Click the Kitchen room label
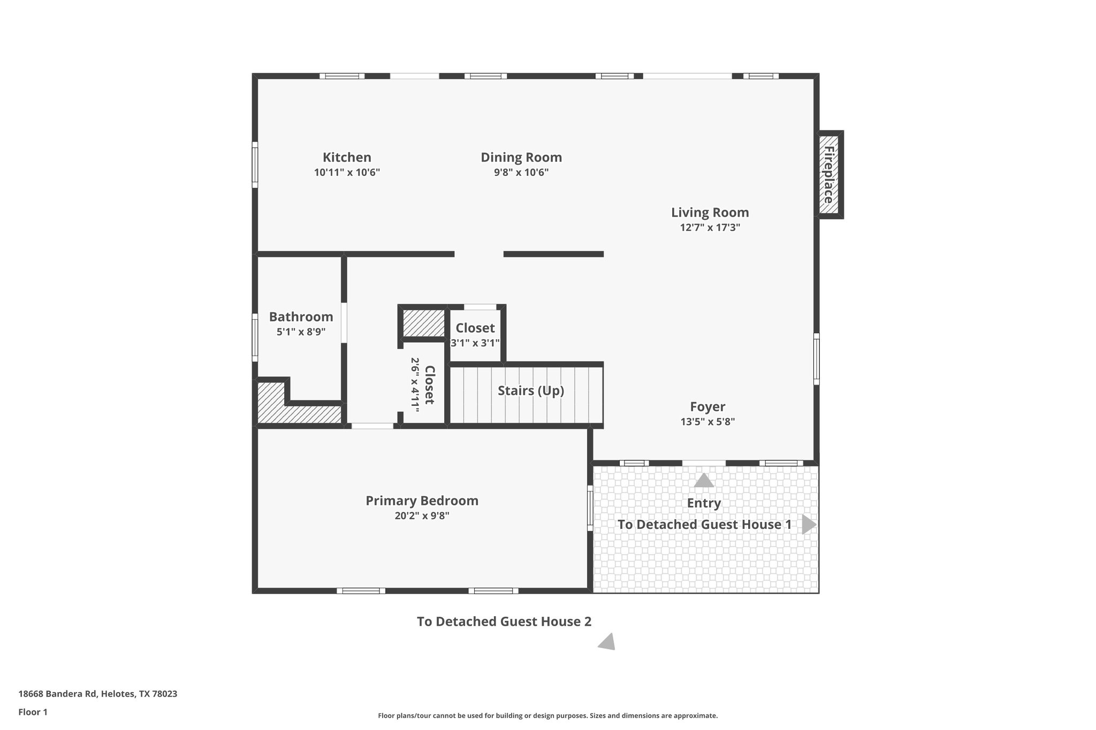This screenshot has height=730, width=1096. pyautogui.click(x=347, y=157)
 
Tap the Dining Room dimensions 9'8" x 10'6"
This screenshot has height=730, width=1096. pyautogui.click(x=521, y=172)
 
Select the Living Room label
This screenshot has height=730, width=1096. pyautogui.click(x=710, y=212)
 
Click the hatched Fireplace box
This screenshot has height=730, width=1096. pyautogui.click(x=828, y=174)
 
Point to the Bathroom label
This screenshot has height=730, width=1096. pyautogui.click(x=301, y=317)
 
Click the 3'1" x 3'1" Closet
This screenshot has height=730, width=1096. pyautogui.click(x=475, y=335)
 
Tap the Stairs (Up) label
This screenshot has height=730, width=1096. pyautogui.click(x=530, y=390)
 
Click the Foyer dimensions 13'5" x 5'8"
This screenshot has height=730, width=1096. pyautogui.click(x=707, y=421)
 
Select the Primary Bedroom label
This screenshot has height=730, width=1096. pyautogui.click(x=422, y=501)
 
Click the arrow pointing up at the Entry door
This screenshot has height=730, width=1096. pyautogui.click(x=704, y=480)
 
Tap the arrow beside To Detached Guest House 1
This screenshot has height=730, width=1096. pyautogui.click(x=809, y=525)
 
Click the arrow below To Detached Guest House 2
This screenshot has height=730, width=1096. pyautogui.click(x=607, y=642)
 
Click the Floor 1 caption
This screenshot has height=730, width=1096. pyautogui.click(x=33, y=712)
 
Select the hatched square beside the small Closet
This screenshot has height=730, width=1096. pyautogui.click(x=423, y=323)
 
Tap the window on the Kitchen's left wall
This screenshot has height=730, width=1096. pyautogui.click(x=255, y=165)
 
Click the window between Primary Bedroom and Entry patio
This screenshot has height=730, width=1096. pyautogui.click(x=590, y=508)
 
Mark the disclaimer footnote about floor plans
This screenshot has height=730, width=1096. pyautogui.click(x=547, y=716)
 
